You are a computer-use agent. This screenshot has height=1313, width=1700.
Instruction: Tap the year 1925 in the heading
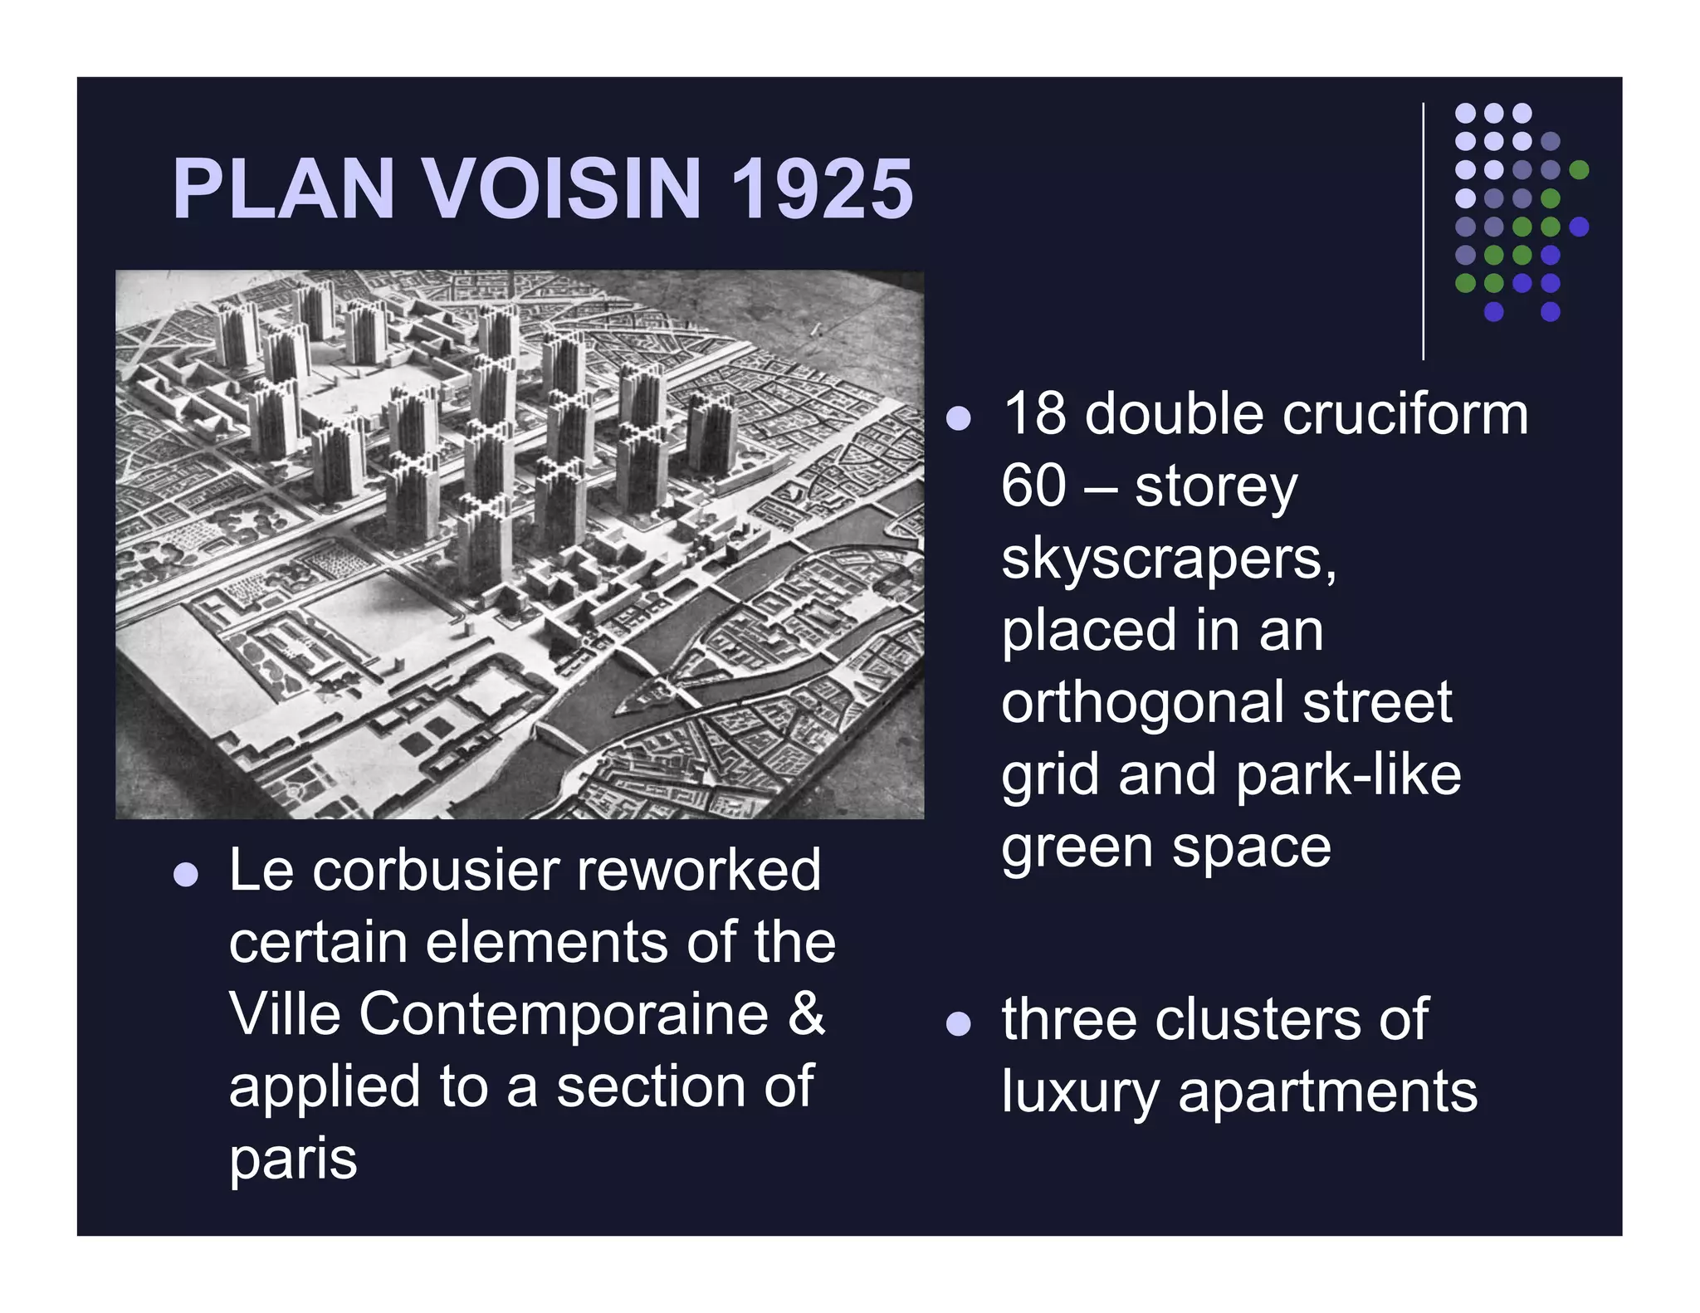pos(822,189)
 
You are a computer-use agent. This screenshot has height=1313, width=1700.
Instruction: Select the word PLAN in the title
pos(283,189)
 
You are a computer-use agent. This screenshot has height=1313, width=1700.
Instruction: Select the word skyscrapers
pos(1169,559)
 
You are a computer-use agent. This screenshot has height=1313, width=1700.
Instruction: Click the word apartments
pos(1328,1092)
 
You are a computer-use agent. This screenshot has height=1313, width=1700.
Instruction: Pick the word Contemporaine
pos(564,1014)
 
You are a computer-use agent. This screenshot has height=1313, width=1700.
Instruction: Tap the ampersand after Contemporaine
pos(806,1014)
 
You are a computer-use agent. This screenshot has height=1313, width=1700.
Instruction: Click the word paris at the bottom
pos(293,1159)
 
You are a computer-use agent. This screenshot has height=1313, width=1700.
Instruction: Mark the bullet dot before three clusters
pos(959,1023)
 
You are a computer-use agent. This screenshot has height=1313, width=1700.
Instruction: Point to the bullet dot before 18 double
pos(959,418)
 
